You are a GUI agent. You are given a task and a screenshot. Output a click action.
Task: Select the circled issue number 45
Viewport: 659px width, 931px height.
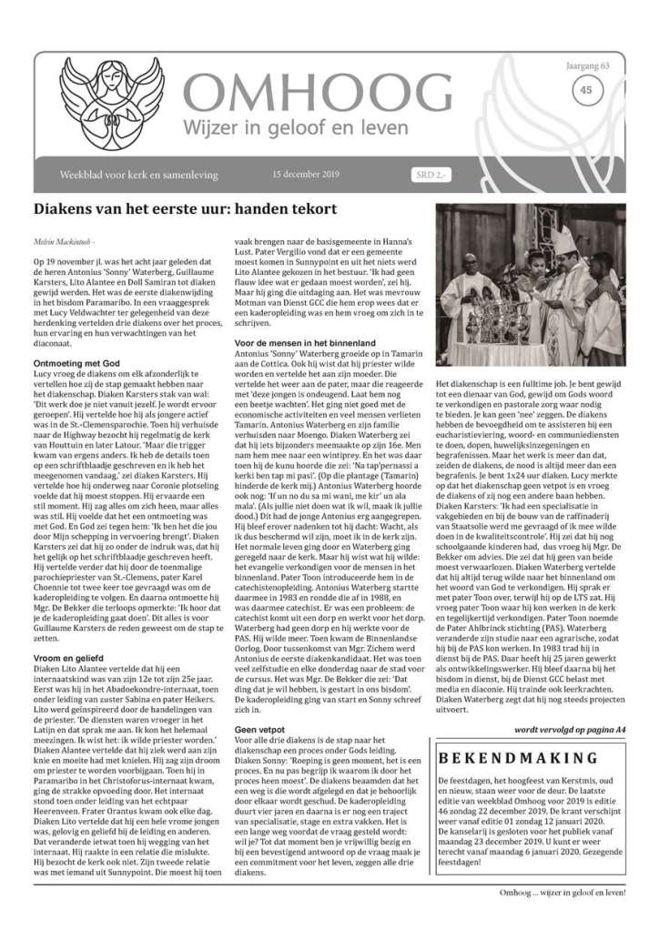(585, 90)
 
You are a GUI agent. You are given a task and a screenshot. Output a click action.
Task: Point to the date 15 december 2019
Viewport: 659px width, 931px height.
(307, 172)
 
